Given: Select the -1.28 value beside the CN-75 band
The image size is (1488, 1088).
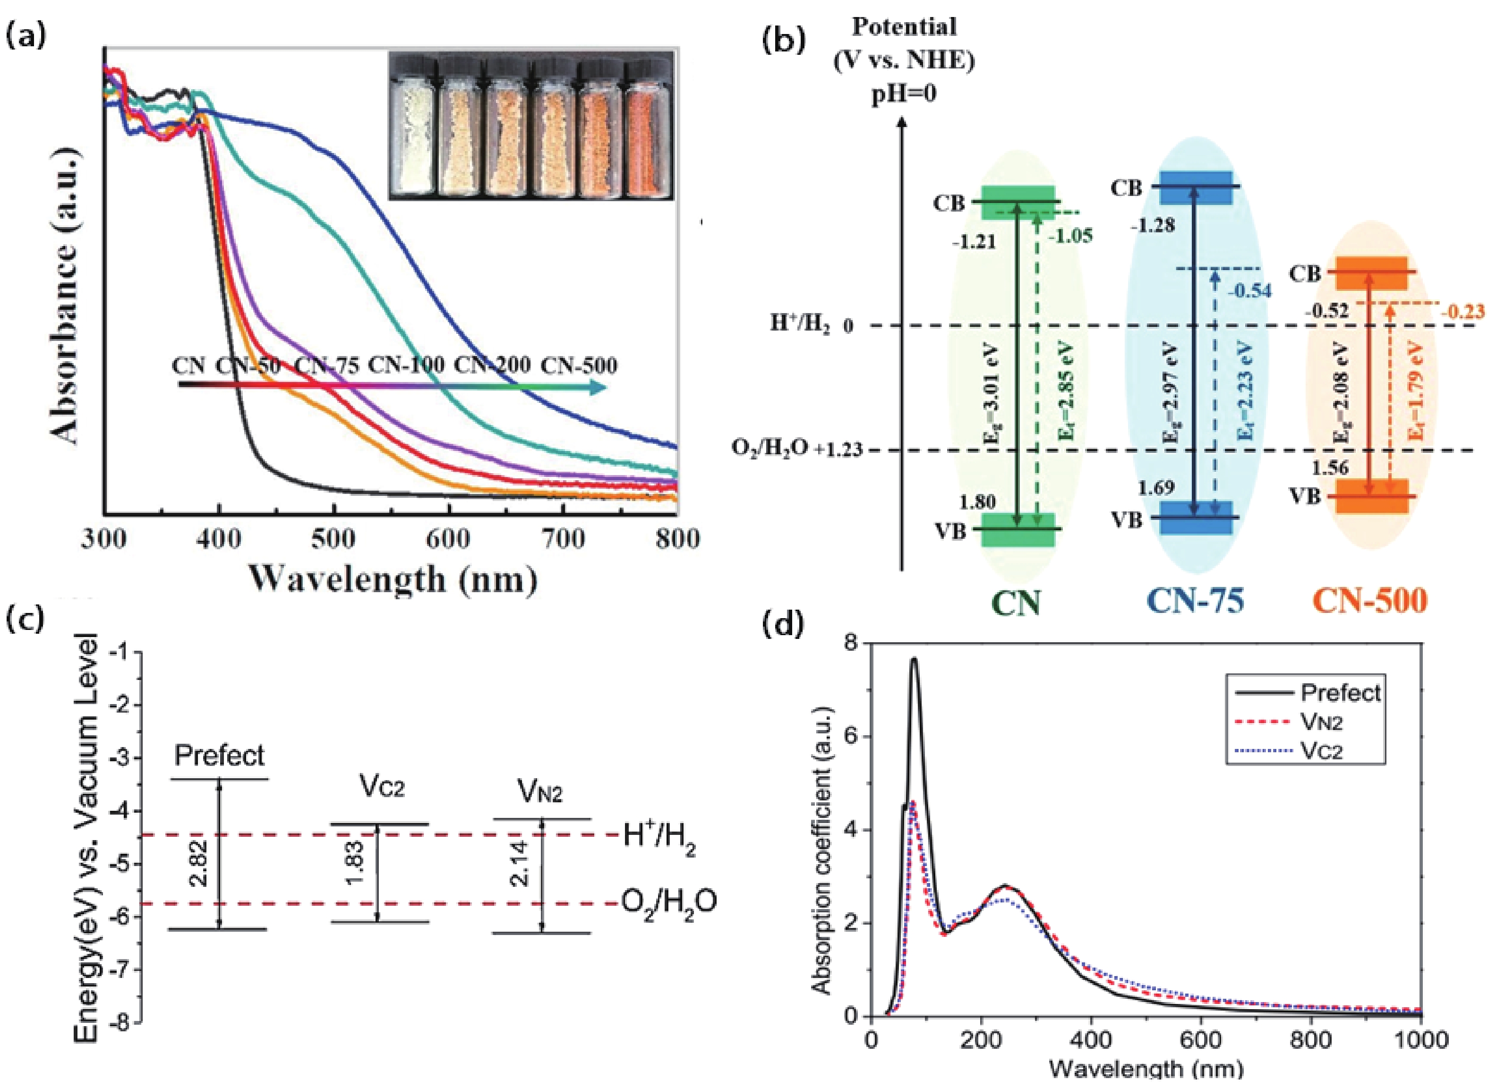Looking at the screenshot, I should click(1153, 226).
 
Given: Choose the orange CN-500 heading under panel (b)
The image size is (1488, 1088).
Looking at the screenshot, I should click(1369, 601).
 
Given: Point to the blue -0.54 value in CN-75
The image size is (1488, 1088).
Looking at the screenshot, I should click(1248, 290).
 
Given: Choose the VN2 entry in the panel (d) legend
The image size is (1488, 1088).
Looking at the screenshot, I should click(1321, 722).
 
